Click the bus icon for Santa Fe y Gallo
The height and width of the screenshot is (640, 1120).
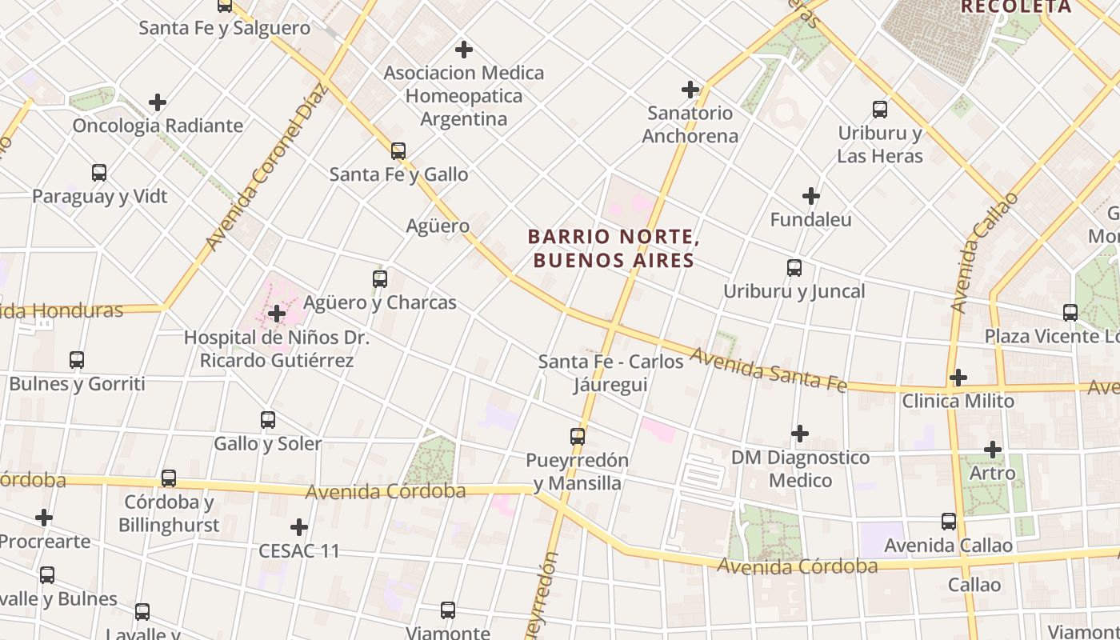click(398, 150)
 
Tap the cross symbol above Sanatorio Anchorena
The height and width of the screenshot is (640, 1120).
click(690, 90)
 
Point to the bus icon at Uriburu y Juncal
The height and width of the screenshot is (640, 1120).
click(794, 268)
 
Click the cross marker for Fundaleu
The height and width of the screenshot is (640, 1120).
click(811, 196)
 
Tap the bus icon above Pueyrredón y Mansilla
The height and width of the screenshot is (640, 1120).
click(578, 437)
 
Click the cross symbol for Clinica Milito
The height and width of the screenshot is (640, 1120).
click(958, 377)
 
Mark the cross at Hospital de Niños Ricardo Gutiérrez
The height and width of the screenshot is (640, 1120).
click(277, 314)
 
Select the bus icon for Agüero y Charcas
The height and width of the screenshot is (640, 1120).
click(380, 279)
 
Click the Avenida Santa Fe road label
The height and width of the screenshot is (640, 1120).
click(768, 370)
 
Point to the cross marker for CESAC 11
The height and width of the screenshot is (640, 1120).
click(299, 527)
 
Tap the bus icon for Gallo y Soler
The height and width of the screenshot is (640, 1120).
click(268, 420)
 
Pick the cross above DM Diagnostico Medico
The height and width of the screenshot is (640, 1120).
click(800, 434)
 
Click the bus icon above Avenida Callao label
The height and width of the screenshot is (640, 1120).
click(949, 522)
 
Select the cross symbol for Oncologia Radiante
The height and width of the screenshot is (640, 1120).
click(158, 102)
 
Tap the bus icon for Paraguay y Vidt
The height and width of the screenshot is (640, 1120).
click(99, 173)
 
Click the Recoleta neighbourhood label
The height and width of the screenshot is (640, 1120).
click(1015, 7)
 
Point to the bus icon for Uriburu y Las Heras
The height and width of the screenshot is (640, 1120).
click(880, 110)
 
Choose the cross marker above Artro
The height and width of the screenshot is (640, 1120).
click(993, 450)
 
